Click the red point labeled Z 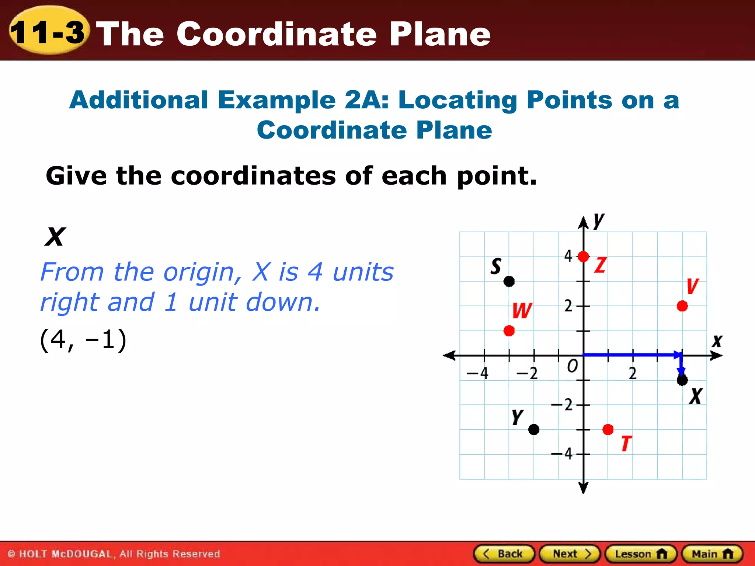(583, 256)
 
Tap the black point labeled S (509, 282)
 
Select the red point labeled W (509, 331)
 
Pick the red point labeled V (682, 306)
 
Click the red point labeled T (608, 429)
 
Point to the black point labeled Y (533, 429)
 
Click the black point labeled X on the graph (682, 380)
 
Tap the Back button (504, 554)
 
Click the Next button (570, 554)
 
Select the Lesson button (640, 554)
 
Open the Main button (712, 554)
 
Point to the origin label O (572, 366)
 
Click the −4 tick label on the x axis (477, 373)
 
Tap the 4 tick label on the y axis (568, 256)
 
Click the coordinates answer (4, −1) (83, 339)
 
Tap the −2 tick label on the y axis (562, 405)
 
